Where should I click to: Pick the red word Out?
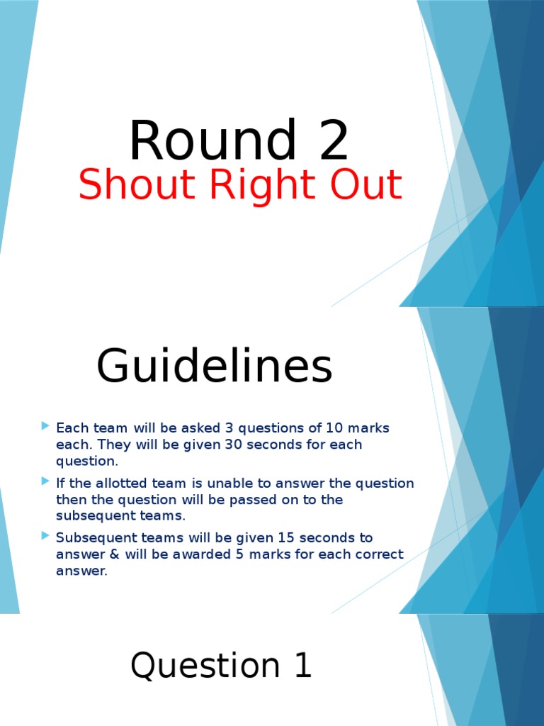point(363,186)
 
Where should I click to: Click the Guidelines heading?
point(214,367)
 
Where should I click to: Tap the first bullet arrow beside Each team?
point(46,427)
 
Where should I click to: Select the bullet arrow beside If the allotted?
point(46,483)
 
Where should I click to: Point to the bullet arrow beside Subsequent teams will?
point(46,537)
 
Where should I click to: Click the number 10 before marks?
point(333,428)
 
